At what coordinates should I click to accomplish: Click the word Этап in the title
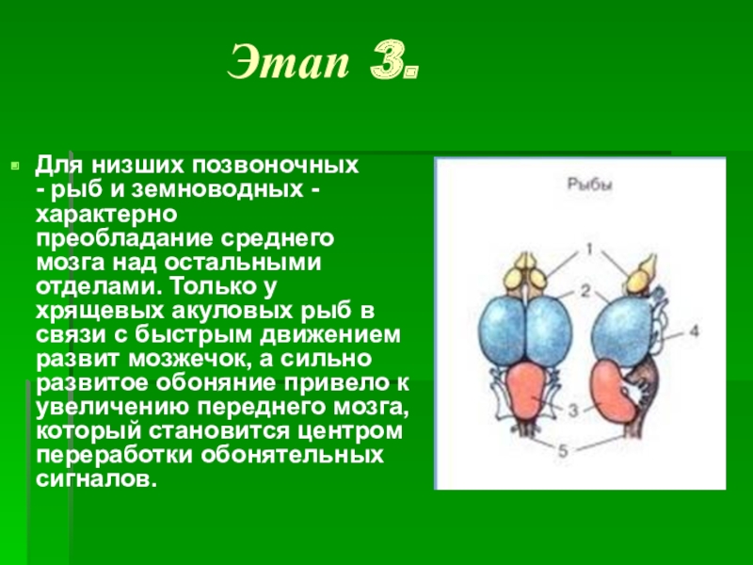(288, 62)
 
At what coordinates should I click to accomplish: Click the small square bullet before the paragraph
(15, 167)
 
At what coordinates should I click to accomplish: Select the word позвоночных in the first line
(276, 166)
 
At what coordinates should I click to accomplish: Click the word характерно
(106, 215)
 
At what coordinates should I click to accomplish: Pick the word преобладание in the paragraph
(124, 239)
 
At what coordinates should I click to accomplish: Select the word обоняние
(214, 383)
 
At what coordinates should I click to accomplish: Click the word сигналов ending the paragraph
(96, 479)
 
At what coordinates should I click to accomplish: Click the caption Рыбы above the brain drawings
(590, 185)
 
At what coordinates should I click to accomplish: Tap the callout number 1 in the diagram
(589, 250)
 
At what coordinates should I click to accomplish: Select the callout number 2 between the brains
(585, 291)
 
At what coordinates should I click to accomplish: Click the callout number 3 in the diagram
(573, 411)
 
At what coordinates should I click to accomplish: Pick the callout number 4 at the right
(694, 331)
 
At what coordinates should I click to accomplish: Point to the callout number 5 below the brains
(562, 451)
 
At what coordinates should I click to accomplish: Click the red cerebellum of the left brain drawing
(527, 391)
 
